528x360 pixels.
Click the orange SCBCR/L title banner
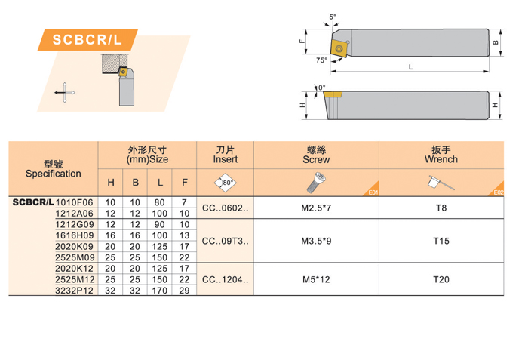tap(87, 40)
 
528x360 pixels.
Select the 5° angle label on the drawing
tap(333, 17)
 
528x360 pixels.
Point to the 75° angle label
tap(321, 60)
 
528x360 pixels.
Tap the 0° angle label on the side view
tap(322, 88)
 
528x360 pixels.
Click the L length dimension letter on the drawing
tap(410, 67)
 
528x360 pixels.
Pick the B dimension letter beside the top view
tap(496, 42)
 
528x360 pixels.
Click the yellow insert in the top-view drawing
tap(339, 48)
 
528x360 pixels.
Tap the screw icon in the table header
tap(316, 183)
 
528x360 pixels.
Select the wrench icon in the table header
tap(441, 183)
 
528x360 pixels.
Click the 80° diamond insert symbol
tap(226, 183)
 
